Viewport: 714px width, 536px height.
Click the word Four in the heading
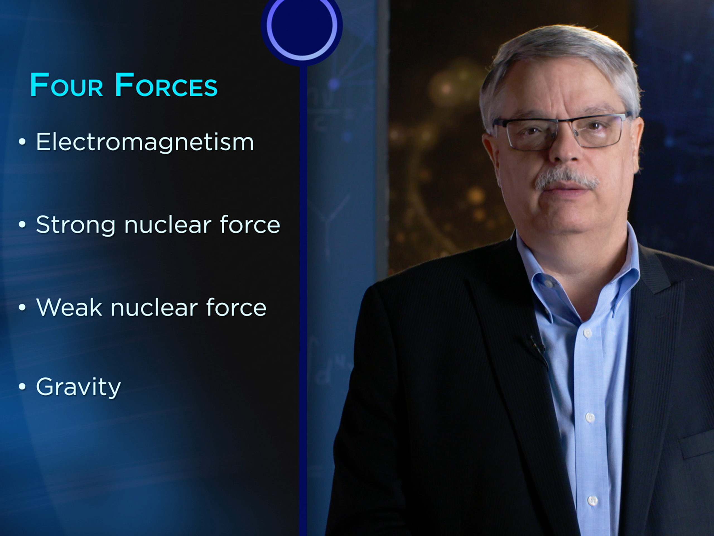tap(66, 85)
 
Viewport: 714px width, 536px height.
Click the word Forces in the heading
tap(166, 85)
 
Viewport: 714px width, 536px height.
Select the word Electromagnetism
tap(144, 142)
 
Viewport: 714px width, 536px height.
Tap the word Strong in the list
tap(75, 225)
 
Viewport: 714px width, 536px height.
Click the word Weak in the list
tap(69, 308)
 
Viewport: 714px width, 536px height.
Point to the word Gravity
tap(78, 387)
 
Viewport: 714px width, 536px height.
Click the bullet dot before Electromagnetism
tap(22, 142)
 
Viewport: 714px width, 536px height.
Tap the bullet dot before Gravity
tap(22, 386)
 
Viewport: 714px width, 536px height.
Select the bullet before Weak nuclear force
tap(22, 307)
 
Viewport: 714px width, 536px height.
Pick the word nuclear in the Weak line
tap(154, 308)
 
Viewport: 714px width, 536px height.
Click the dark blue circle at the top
tap(301, 26)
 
